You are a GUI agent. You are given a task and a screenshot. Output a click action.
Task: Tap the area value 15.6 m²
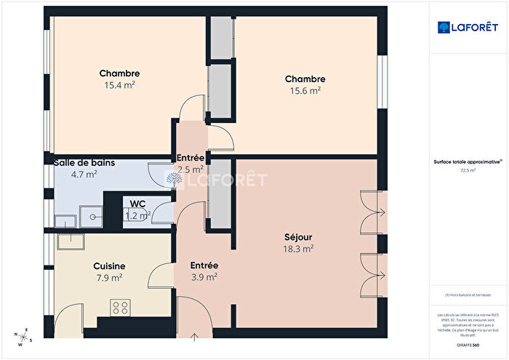click(305, 91)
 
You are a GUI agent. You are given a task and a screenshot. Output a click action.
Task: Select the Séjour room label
click(298, 236)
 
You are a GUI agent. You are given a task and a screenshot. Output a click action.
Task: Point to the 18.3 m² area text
click(298, 249)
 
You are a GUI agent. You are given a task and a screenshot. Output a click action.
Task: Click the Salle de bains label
click(83, 162)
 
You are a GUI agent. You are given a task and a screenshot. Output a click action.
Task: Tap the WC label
click(137, 204)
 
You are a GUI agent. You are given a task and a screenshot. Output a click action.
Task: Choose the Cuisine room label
click(109, 266)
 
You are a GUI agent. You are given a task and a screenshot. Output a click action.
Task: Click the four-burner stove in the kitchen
click(120, 308)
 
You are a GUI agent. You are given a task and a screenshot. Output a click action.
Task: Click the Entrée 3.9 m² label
click(204, 277)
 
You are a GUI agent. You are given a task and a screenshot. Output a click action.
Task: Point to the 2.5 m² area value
click(191, 169)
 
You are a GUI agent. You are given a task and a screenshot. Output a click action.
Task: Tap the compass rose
click(23, 337)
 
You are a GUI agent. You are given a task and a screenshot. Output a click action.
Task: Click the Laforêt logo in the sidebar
click(468, 28)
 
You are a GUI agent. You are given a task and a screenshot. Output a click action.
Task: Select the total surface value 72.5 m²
click(468, 170)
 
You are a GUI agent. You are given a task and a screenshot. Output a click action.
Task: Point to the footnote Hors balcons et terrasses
click(468, 294)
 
